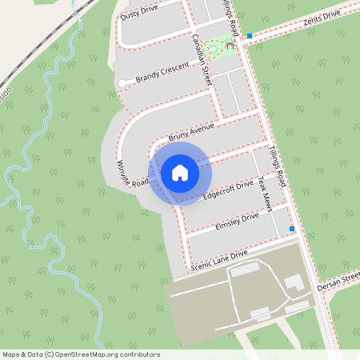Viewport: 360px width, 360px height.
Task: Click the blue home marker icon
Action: coord(180,172)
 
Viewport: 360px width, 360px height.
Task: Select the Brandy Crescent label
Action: coord(158,74)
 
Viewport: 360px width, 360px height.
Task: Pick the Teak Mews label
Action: coord(266,194)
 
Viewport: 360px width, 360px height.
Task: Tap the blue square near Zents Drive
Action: coord(250,36)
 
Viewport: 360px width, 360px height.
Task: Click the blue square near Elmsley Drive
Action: coord(292,230)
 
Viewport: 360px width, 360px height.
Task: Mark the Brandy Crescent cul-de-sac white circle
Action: coord(122,83)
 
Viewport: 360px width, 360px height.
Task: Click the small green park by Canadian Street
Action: coord(215,51)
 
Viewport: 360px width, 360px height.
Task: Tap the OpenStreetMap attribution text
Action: coord(81,354)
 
